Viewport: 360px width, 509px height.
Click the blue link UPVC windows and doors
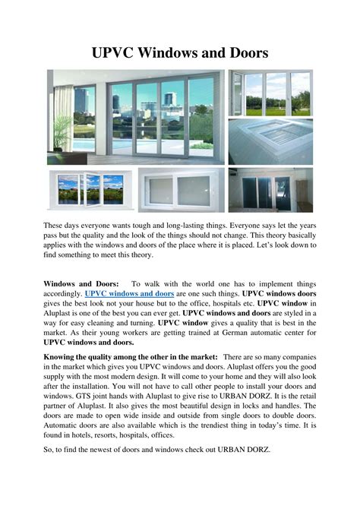coord(130,292)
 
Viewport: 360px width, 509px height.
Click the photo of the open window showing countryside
coord(74,189)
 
